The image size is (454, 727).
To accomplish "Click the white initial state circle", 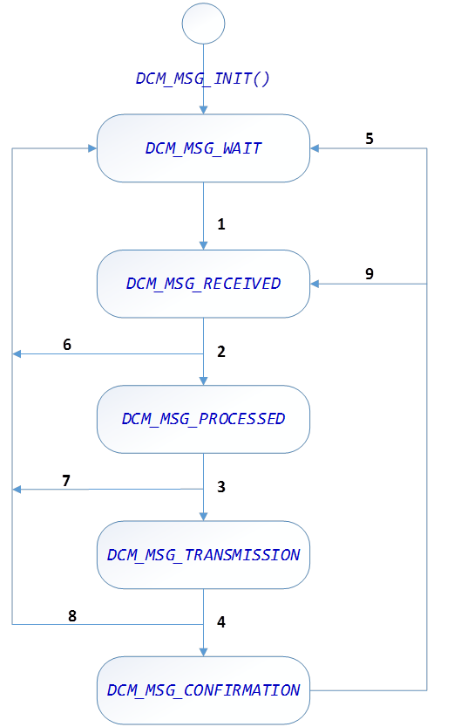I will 203,23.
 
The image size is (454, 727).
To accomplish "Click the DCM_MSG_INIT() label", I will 203,78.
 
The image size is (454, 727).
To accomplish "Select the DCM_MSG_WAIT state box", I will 203,148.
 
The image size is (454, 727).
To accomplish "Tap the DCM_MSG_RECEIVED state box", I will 203,284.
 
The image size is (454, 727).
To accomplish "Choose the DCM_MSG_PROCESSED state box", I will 203,419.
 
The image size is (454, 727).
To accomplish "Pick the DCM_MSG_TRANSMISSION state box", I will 203,555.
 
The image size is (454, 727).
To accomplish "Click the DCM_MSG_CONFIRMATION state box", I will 203,690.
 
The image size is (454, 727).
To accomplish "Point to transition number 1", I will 221,224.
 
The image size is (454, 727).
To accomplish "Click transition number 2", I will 221,352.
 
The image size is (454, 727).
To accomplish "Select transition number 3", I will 221,487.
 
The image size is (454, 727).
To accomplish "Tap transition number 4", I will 221,622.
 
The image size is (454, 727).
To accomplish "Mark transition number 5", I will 369,139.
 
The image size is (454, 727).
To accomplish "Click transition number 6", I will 67,344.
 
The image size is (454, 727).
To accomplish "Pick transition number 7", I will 65,480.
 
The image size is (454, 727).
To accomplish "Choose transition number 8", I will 72,615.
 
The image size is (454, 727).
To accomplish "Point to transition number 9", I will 369,274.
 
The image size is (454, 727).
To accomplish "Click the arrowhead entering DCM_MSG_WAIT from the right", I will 315,148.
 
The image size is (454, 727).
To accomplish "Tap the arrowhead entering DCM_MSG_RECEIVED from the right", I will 315,284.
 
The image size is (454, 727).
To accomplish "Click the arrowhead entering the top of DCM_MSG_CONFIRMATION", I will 203,652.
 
